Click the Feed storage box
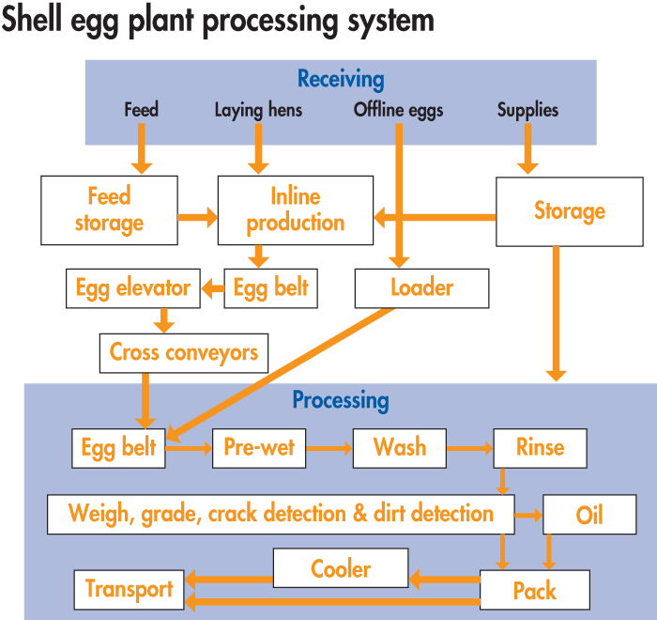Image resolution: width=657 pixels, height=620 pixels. click(109, 209)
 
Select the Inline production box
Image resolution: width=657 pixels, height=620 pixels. click(295, 209)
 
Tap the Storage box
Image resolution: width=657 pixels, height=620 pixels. click(569, 211)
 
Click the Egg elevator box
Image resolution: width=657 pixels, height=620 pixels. click(133, 288)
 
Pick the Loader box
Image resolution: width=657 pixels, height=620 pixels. click(421, 288)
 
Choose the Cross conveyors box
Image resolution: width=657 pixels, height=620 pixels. click(183, 353)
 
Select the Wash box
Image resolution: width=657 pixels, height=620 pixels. click(399, 448)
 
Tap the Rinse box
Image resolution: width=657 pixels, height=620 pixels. click(540, 448)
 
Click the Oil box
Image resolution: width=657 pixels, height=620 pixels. click(588, 515)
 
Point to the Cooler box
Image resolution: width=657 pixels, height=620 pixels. click(340, 568)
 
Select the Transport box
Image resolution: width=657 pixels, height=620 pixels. click(129, 589)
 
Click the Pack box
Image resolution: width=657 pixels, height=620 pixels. click(534, 591)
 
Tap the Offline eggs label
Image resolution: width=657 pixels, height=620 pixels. click(398, 110)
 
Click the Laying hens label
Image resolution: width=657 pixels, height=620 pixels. click(258, 110)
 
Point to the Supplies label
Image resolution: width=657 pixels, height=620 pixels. click(527, 110)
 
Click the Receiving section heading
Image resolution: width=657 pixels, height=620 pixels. click(341, 80)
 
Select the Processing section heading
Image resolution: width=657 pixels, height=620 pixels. click(340, 401)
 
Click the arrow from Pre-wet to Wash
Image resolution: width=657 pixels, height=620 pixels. click(328, 449)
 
